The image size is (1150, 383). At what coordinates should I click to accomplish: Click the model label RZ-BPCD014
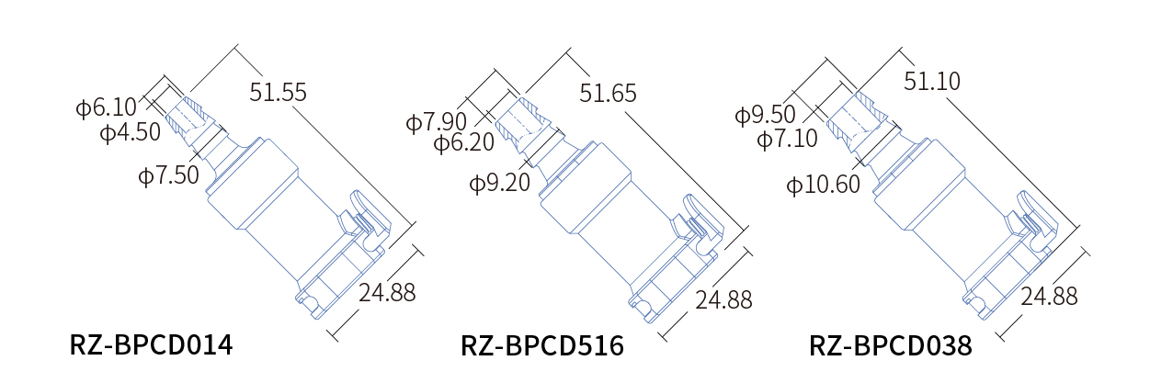[151, 344]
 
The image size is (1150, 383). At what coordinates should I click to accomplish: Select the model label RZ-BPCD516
[542, 345]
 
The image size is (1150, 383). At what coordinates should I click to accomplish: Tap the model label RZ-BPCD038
[891, 345]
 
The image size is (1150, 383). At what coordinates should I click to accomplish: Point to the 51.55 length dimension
[278, 92]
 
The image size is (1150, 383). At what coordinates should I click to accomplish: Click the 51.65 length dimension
[608, 94]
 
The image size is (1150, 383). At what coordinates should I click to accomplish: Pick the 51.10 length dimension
[932, 81]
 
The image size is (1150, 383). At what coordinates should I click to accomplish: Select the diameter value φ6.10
[107, 107]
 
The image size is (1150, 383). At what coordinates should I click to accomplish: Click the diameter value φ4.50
[131, 132]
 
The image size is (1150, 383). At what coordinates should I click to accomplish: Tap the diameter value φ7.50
[168, 175]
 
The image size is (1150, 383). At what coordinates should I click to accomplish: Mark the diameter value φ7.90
[437, 122]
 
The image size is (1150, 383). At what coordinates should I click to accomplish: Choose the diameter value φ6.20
[464, 142]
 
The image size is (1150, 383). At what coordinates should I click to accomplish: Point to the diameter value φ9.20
[499, 183]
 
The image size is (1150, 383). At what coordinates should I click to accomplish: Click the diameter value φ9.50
[765, 114]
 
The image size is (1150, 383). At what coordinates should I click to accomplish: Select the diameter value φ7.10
[788, 139]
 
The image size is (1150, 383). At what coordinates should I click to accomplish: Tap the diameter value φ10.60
[823, 185]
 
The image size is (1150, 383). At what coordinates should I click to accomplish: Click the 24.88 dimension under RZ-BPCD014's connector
[387, 292]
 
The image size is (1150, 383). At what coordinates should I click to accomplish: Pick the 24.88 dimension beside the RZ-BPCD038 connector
[1049, 297]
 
